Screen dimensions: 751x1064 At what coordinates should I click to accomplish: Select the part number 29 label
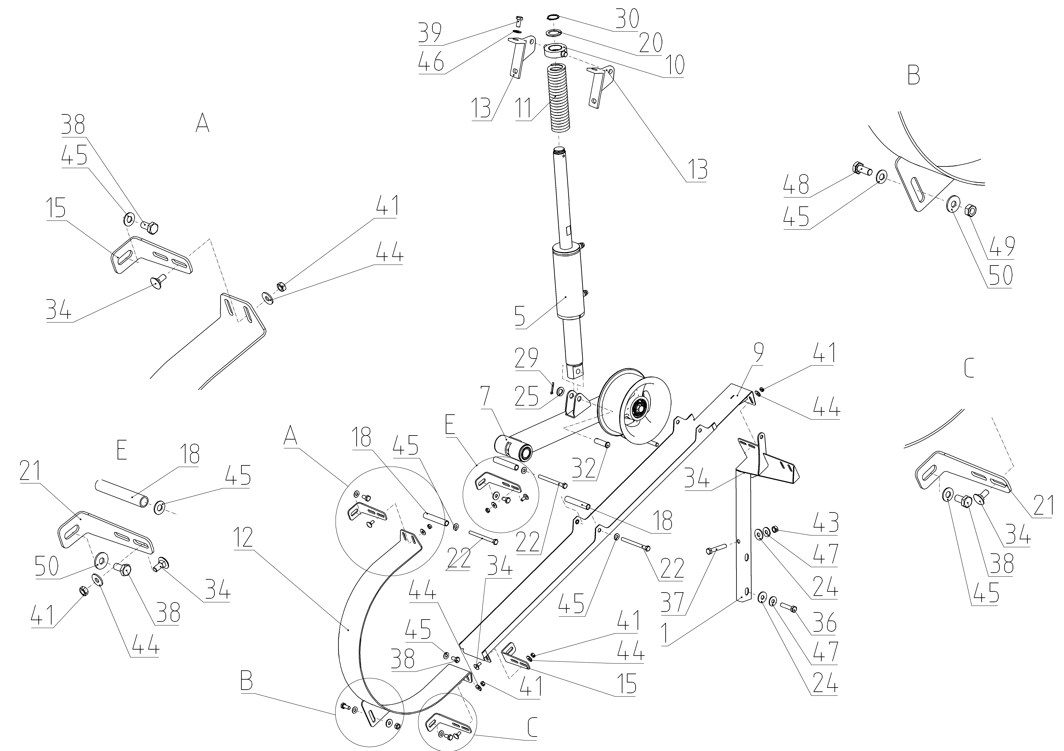(x=527, y=358)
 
